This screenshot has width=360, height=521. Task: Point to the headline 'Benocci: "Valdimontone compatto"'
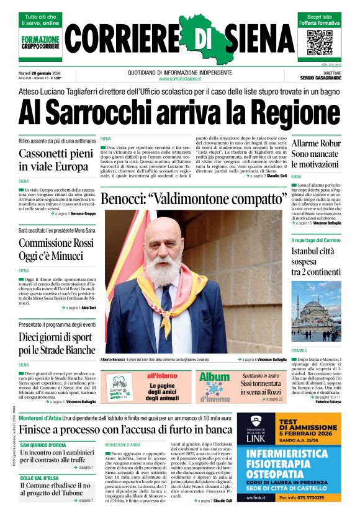(x=192, y=200)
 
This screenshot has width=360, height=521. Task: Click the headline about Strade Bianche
(x=56, y=345)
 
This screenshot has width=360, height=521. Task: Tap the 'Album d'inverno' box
(x=214, y=386)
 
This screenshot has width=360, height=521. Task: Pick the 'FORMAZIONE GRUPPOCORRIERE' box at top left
(x=40, y=43)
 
